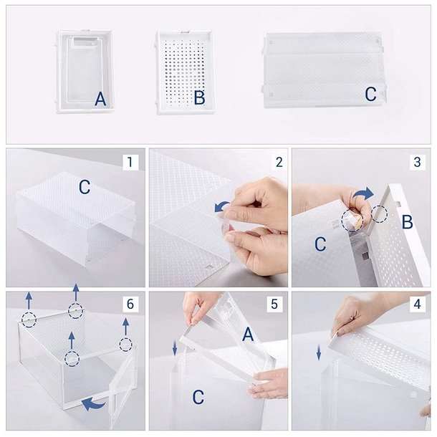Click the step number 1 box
click(x=130, y=162)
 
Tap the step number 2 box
click(x=279, y=162)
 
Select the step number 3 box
click(x=417, y=162)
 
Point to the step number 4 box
click(x=417, y=304)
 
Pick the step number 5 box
click(x=274, y=304)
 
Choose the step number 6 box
click(x=130, y=304)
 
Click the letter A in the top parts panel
click(x=100, y=99)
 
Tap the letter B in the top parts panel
click(x=200, y=98)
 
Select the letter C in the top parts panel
click(x=370, y=94)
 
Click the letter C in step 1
click(x=85, y=187)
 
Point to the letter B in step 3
click(x=408, y=222)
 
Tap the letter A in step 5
click(x=248, y=335)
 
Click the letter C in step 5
click(x=198, y=397)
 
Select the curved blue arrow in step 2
click(x=221, y=207)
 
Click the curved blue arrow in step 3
click(x=363, y=193)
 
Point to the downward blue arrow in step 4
click(x=319, y=353)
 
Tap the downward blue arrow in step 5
click(x=175, y=348)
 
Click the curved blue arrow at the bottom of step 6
click(x=94, y=403)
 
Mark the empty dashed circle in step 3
click(x=379, y=214)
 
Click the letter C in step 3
click(x=320, y=244)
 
